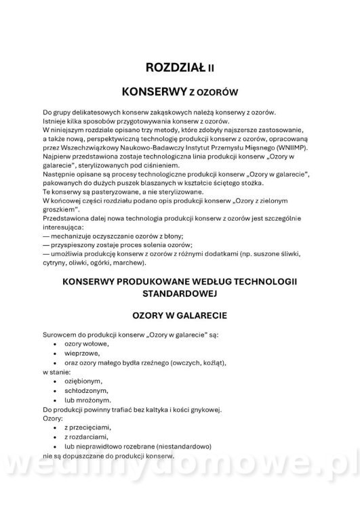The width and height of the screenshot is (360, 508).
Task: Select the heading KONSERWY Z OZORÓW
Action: tap(180, 91)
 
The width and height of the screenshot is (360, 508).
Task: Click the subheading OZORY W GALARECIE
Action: tap(179, 316)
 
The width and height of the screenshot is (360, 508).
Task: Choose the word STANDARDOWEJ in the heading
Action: tap(179, 294)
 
